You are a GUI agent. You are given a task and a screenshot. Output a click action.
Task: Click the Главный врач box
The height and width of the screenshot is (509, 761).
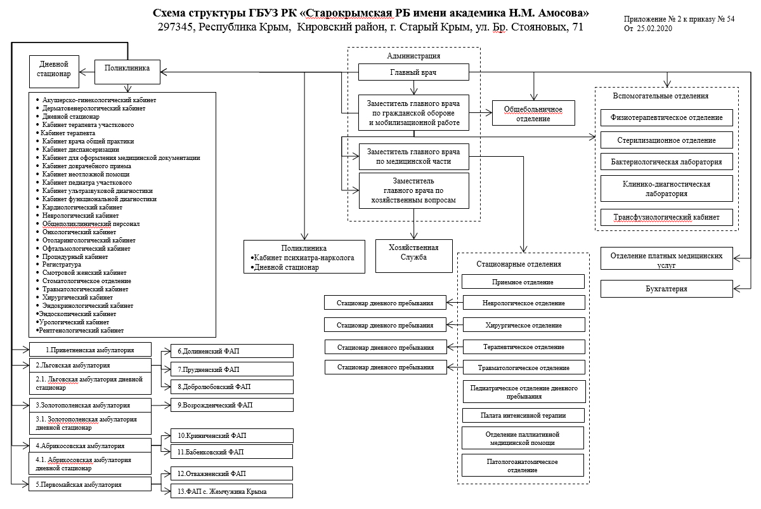(x=413, y=72)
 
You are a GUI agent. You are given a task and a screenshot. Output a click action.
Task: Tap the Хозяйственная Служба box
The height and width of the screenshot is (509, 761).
(x=416, y=252)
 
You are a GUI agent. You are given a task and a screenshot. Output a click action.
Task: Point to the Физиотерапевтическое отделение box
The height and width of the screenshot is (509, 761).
(x=666, y=117)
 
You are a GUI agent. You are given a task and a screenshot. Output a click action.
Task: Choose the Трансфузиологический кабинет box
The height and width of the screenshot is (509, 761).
(x=666, y=217)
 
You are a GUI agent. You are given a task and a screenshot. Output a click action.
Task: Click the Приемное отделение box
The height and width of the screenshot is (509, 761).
(x=523, y=282)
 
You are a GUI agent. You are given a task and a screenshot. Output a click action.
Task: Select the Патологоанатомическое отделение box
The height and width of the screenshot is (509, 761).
(x=523, y=465)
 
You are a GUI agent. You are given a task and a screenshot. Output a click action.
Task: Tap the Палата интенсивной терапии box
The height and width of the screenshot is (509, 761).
(x=523, y=416)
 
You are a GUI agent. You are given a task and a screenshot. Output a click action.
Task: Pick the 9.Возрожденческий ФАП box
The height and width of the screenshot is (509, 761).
(x=232, y=404)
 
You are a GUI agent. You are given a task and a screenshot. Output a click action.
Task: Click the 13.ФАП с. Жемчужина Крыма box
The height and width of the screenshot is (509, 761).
(x=232, y=491)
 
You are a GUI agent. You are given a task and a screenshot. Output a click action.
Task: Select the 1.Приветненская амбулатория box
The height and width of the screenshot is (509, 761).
(x=90, y=349)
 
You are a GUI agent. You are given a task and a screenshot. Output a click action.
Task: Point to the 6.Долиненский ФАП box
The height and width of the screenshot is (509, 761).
(x=232, y=350)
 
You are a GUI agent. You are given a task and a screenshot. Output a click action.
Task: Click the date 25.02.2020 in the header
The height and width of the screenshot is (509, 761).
(x=657, y=29)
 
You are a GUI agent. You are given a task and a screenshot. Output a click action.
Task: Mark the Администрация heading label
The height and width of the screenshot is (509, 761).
(x=413, y=56)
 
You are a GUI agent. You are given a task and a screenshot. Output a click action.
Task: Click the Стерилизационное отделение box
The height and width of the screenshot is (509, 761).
(x=666, y=140)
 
